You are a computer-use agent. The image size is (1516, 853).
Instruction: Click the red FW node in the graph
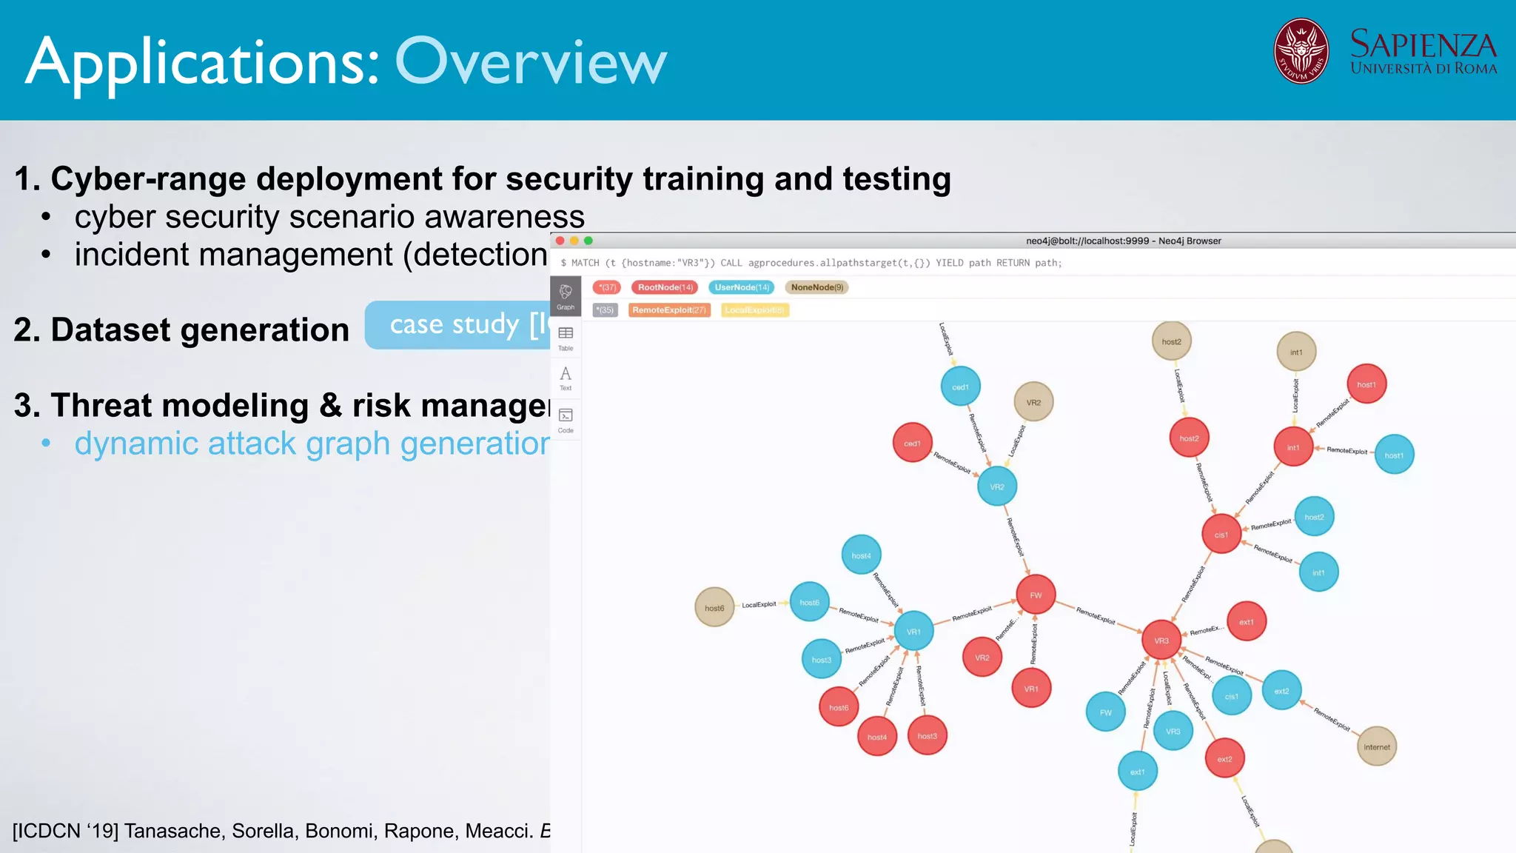[1035, 595]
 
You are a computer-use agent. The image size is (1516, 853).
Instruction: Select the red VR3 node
[1161, 640]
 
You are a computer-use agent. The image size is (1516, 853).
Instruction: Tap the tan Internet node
[1376, 746]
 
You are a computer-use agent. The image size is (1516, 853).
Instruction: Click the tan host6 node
[714, 608]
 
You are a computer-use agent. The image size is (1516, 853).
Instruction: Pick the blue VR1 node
[913, 631]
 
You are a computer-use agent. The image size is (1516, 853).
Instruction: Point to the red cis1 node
[1221, 534]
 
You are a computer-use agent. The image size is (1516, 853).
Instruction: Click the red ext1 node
[1247, 621]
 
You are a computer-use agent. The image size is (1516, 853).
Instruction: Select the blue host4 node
[861, 555]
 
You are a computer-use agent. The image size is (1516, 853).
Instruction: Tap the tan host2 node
[1171, 341]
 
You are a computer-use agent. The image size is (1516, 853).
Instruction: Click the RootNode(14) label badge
[665, 287]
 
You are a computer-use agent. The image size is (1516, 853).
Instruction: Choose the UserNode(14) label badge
[742, 287]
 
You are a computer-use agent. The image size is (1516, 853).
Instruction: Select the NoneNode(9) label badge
[816, 287]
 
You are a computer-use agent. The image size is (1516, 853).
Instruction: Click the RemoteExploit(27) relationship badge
[669, 310]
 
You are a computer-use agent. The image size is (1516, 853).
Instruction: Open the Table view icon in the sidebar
[566, 337]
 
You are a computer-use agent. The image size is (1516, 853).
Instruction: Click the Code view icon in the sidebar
[566, 419]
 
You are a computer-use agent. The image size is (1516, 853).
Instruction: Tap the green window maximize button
[588, 241]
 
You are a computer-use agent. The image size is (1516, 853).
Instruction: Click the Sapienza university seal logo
[1301, 51]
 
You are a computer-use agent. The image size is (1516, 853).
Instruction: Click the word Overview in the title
[531, 62]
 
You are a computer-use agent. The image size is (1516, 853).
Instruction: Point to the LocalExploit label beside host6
[759, 605]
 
